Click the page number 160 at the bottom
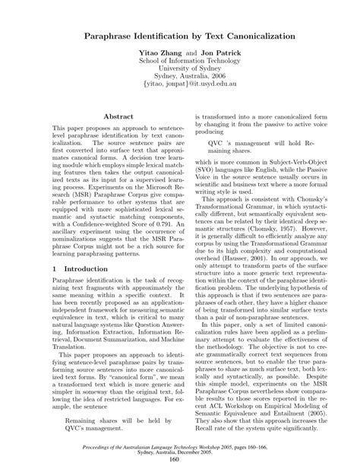tap(180, 459)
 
